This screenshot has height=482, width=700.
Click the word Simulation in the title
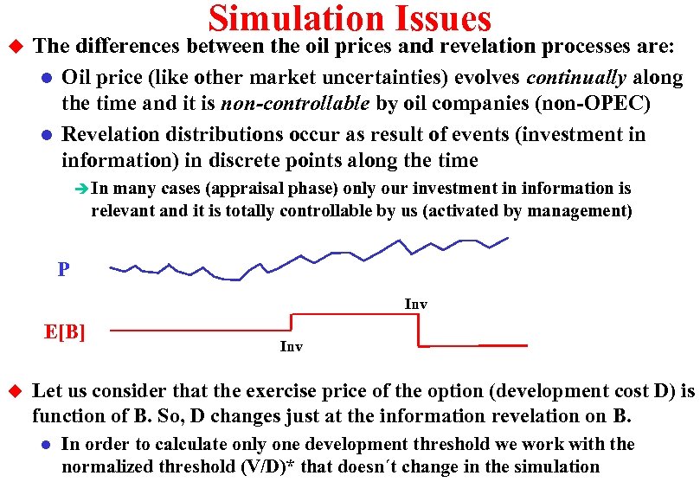tap(291, 18)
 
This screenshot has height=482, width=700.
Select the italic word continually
tap(576, 78)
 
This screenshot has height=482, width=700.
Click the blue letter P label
tap(63, 270)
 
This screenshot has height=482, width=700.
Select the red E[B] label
tap(65, 331)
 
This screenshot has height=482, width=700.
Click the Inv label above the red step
tap(415, 304)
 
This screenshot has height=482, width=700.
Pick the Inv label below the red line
tap(292, 347)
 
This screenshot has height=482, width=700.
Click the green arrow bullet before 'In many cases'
tap(81, 189)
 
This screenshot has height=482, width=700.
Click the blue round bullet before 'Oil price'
tap(46, 79)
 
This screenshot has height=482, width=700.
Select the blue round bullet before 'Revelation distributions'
tap(46, 135)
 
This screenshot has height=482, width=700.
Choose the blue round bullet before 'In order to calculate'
tap(46, 446)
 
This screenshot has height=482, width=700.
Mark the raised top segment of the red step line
tap(355, 314)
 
